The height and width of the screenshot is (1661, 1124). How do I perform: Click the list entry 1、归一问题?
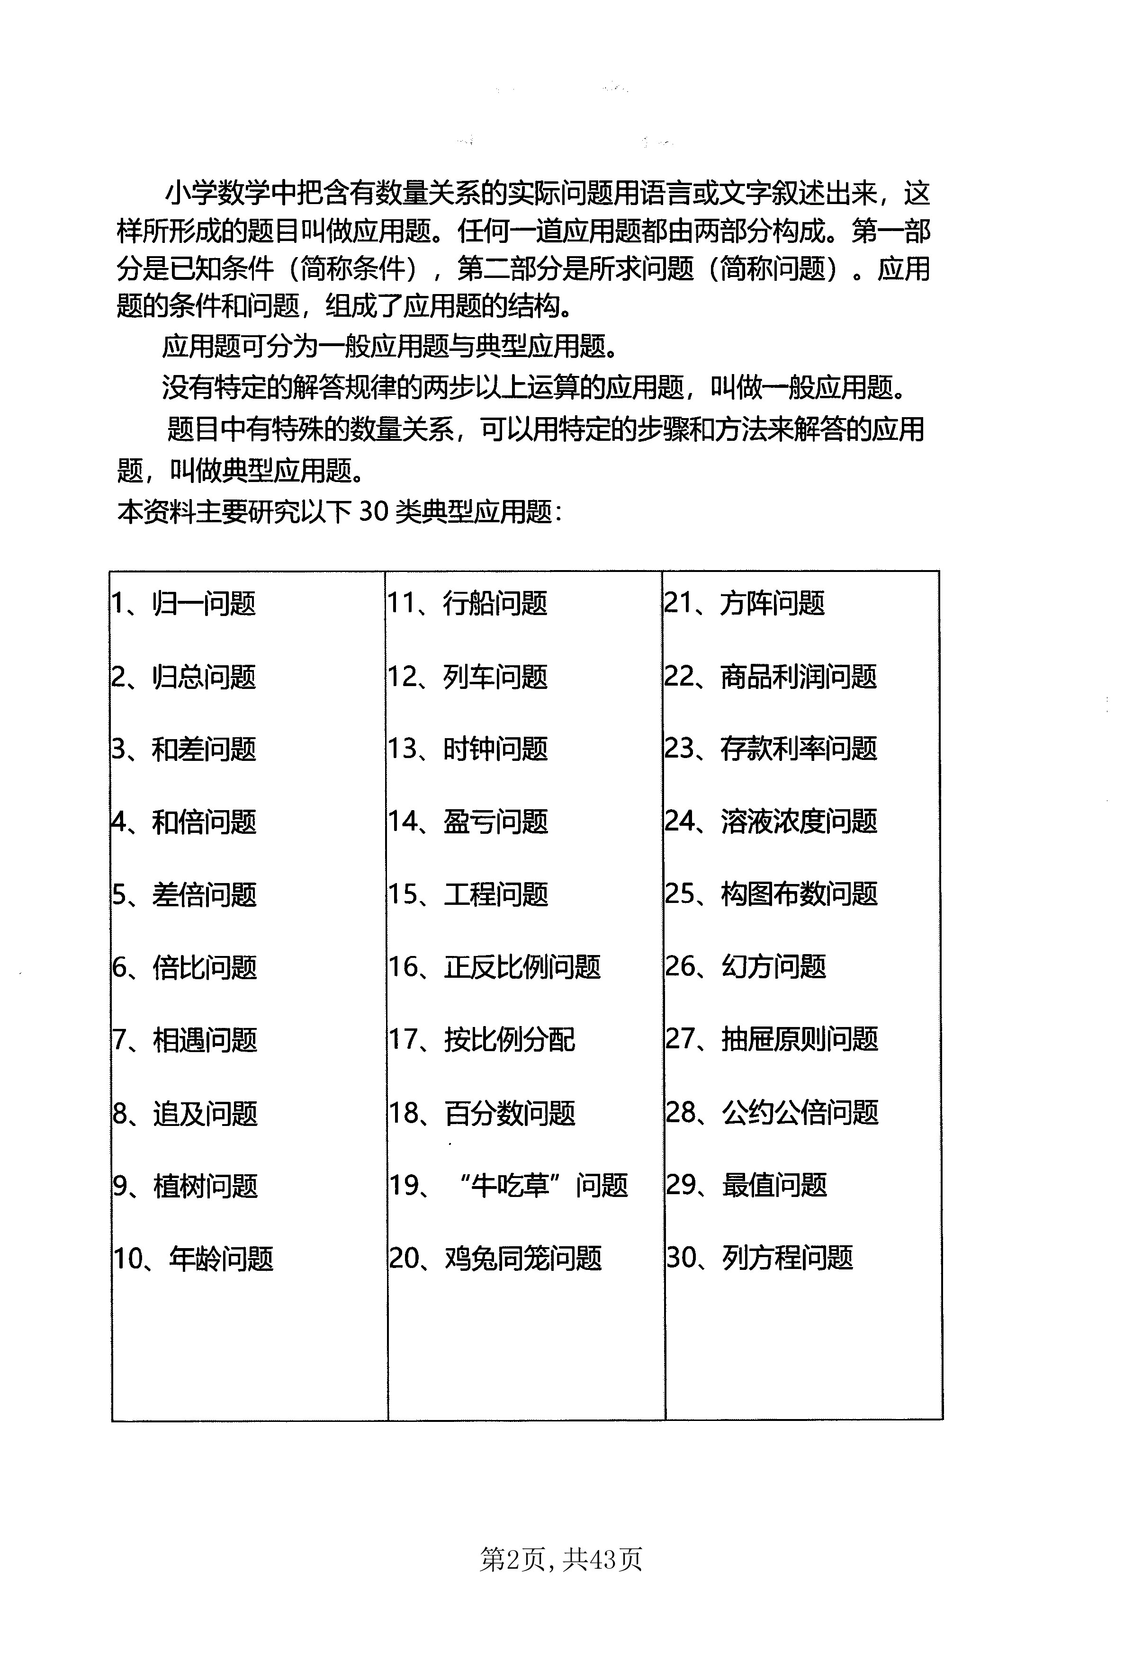183,604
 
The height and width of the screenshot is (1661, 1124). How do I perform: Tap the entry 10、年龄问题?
193,1259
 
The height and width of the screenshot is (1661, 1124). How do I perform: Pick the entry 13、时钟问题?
468,749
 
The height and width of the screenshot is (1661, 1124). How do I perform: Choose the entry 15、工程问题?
468,895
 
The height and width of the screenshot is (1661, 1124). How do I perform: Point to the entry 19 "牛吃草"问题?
508,1186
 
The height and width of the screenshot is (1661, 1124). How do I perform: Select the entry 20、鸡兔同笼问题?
495,1259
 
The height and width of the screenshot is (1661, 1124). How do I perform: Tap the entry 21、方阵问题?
744,604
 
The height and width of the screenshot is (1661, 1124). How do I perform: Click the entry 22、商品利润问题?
771,677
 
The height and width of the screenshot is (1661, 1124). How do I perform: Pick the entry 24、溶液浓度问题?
771,822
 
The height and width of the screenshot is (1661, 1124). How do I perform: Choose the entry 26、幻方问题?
745,967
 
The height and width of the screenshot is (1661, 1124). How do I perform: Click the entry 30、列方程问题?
759,1258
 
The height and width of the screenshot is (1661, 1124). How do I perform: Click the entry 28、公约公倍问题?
772,1113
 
